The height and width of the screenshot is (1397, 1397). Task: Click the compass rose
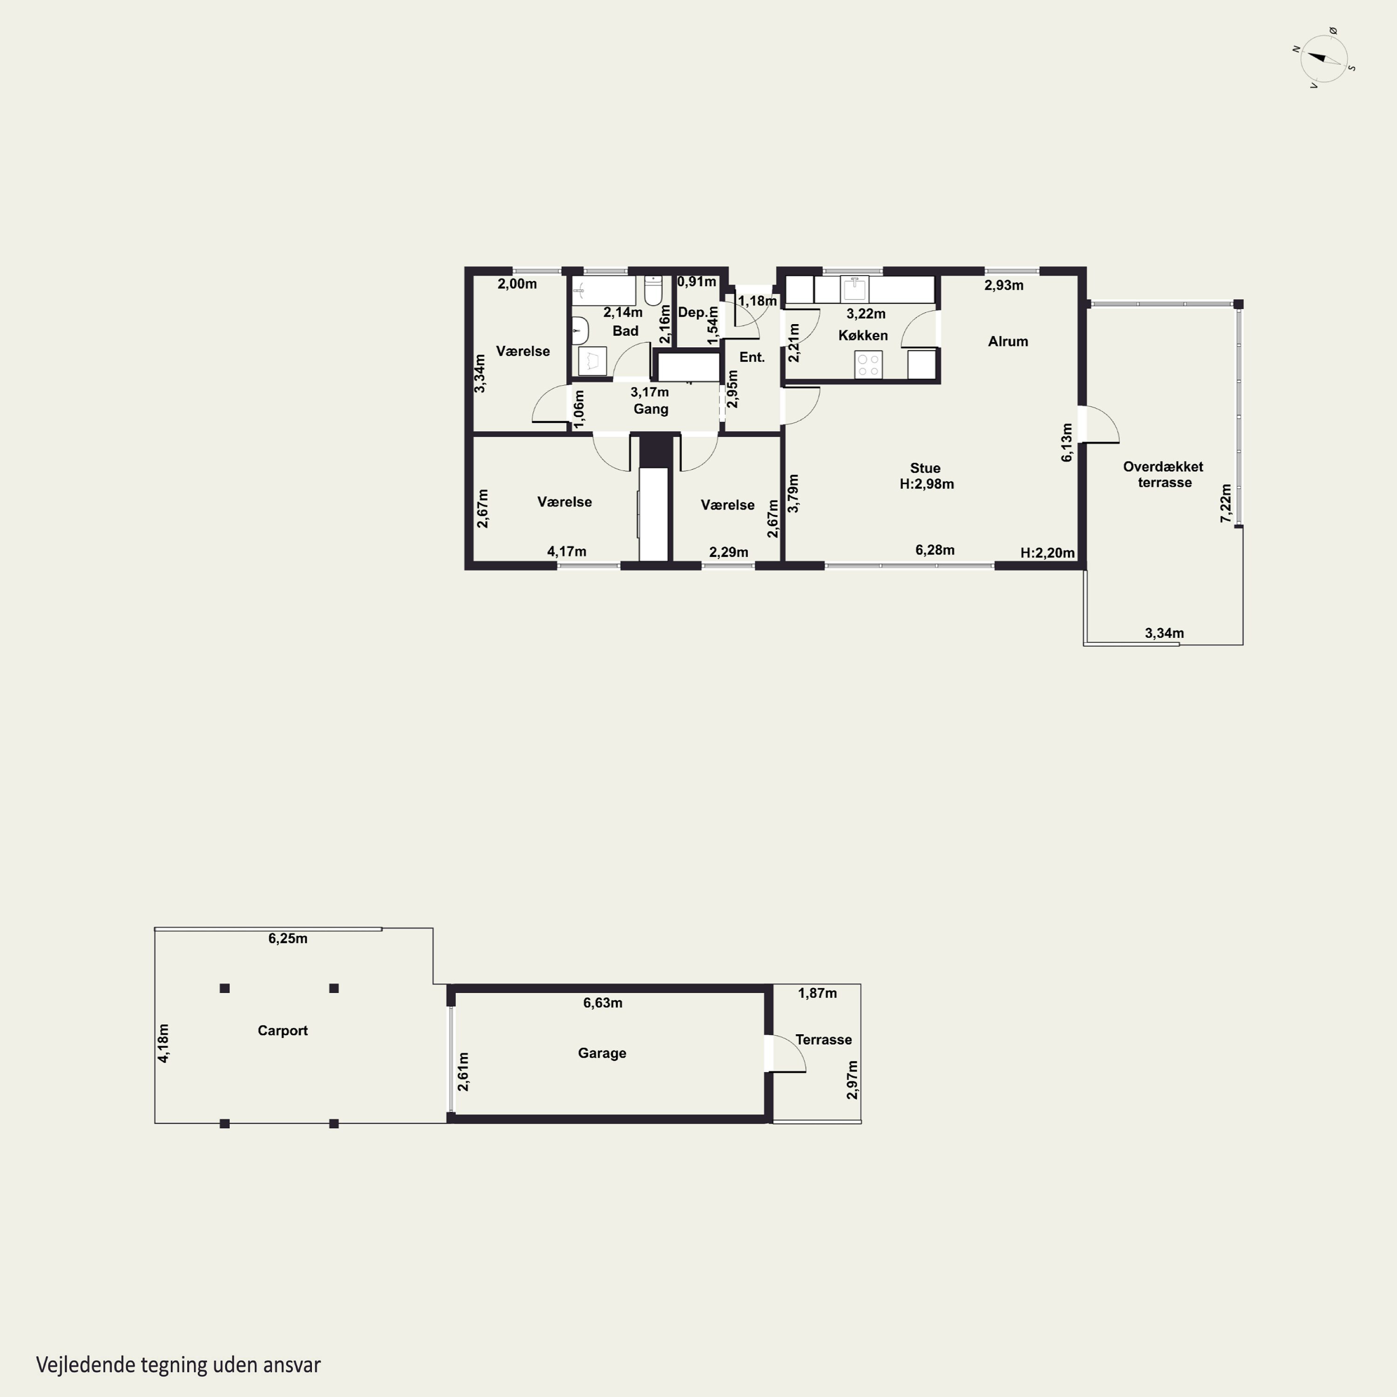(x=1324, y=59)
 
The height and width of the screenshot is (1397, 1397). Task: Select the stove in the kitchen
(x=868, y=364)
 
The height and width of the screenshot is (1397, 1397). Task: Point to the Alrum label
(x=1008, y=341)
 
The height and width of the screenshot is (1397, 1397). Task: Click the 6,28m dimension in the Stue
(x=935, y=549)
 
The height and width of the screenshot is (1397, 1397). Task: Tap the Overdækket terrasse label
(x=1163, y=475)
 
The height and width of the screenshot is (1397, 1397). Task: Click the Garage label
(x=602, y=1053)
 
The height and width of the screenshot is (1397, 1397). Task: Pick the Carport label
(x=283, y=1031)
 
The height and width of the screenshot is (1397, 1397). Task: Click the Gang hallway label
(x=651, y=409)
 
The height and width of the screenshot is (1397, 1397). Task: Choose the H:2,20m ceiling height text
(x=1047, y=553)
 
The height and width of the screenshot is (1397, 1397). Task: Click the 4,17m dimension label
(x=567, y=551)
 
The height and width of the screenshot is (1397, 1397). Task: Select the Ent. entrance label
(x=752, y=357)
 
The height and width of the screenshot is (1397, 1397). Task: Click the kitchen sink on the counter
(x=854, y=289)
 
